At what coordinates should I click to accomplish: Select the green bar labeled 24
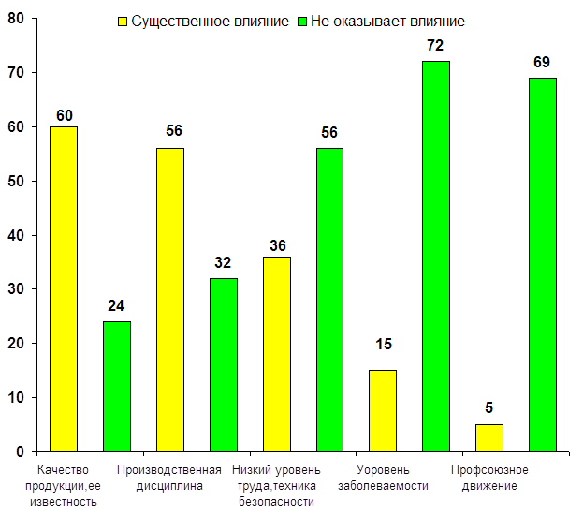(117, 386)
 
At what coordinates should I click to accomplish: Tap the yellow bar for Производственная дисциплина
(170, 300)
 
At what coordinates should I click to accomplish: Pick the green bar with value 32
(224, 364)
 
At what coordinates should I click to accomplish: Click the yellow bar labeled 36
(277, 354)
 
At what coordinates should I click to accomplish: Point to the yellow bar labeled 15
(383, 410)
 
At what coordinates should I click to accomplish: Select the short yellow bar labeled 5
(489, 437)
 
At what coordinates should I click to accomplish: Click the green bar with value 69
(543, 264)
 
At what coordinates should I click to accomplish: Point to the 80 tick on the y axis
(16, 18)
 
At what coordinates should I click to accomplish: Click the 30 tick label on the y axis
(16, 289)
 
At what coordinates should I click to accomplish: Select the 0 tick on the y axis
(20, 452)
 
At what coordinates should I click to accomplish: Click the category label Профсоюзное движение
(489, 478)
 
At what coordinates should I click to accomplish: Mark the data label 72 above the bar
(435, 44)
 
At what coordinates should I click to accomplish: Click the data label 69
(542, 62)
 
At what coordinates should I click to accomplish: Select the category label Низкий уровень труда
(276, 485)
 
